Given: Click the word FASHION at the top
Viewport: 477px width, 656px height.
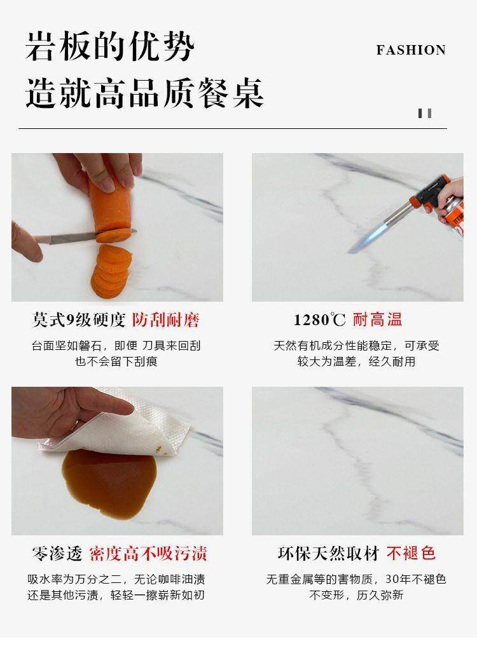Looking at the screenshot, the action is [411, 50].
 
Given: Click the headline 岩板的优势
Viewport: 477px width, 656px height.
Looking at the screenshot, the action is [110, 46].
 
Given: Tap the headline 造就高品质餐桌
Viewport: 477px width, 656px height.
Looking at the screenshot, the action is [144, 93].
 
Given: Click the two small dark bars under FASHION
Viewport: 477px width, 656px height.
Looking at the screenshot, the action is [425, 113].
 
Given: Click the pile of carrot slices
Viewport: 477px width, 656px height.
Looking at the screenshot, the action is [111, 271].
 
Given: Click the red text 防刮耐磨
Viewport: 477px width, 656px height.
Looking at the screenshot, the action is [165, 320].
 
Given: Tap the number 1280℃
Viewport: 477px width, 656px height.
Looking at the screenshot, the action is [319, 320].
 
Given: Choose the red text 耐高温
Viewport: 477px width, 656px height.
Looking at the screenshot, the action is [377, 319].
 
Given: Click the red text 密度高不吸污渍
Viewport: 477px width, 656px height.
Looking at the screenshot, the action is [148, 554].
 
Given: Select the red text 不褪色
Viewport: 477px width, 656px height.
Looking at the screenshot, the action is [411, 553].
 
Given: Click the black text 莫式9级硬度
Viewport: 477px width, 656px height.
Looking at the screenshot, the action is [78, 320].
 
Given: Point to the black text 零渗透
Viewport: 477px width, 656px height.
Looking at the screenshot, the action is [57, 554].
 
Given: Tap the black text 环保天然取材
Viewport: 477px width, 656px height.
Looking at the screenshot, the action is [328, 553].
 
